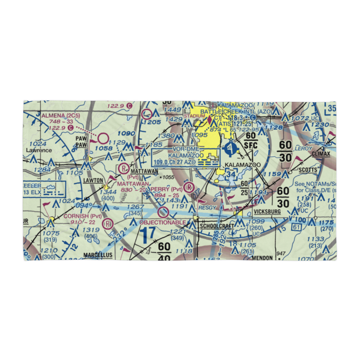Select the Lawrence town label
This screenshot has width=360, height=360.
pyautogui.click(x=39, y=150)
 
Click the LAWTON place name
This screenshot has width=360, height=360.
pyautogui.click(x=94, y=180)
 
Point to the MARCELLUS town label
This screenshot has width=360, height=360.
pyautogui.click(x=98, y=255)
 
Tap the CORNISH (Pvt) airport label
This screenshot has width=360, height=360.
pyautogui.click(x=82, y=216)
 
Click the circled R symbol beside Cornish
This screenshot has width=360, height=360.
pyautogui.click(x=107, y=224)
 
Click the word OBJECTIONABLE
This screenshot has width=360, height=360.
pyautogui.click(x=165, y=222)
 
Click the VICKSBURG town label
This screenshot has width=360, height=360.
pyautogui.click(x=267, y=212)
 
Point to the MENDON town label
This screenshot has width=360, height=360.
pyautogui.click(x=263, y=258)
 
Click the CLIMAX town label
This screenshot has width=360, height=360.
pyautogui.click(x=321, y=154)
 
